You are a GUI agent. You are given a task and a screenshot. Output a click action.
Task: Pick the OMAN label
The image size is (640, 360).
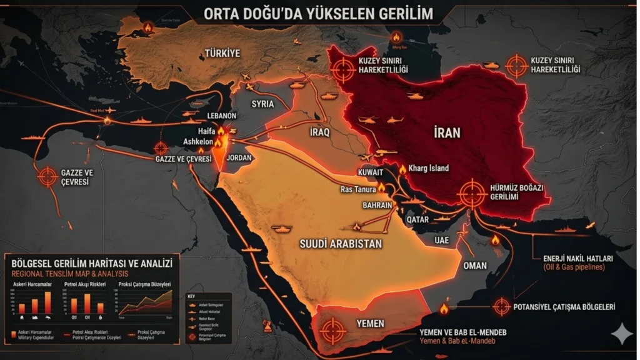pyautogui.click(x=475, y=265)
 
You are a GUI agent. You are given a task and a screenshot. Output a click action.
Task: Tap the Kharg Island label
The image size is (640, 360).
pyautogui.click(x=429, y=168)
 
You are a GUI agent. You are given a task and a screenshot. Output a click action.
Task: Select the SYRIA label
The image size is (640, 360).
pyautogui.click(x=262, y=104)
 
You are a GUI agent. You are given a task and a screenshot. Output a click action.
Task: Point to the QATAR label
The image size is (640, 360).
pyautogui.click(x=417, y=219)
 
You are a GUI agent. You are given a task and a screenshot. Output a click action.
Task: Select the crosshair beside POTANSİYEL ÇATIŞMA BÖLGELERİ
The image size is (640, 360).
pyautogui.click(x=502, y=306)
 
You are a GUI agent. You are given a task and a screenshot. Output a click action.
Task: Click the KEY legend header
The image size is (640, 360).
pyautogui.click(x=191, y=296)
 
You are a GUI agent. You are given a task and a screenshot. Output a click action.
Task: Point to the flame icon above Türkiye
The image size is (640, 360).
pyautogui.click(x=147, y=27)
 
